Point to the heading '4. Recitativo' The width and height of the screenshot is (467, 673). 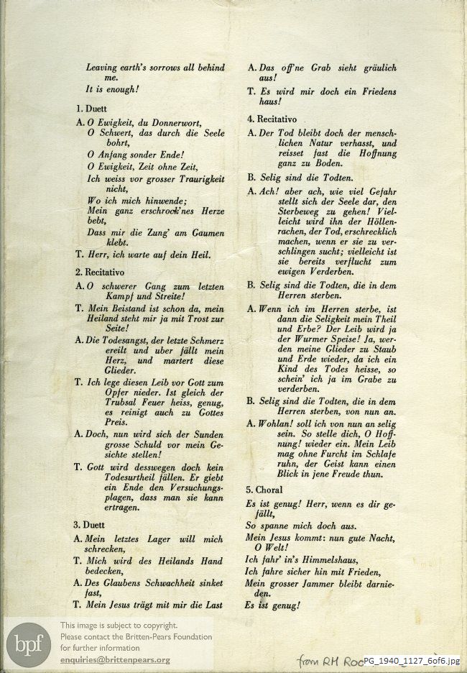272,119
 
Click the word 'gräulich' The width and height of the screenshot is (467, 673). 371,68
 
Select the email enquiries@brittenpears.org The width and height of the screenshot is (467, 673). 115,660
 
